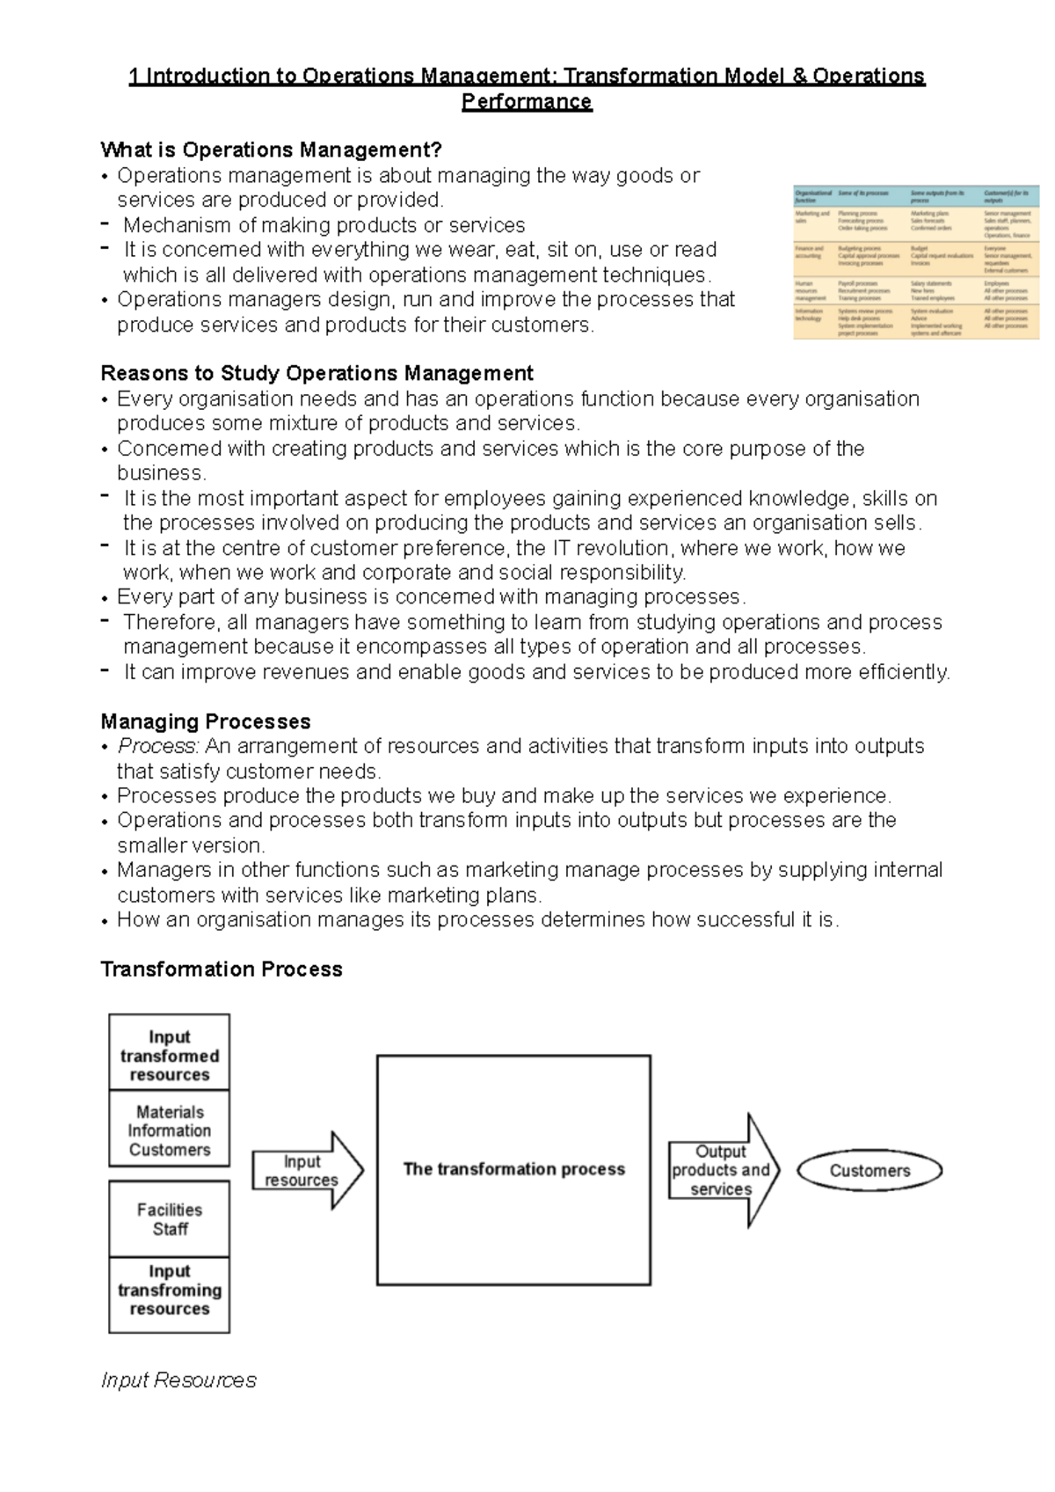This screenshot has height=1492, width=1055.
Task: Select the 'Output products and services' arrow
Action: [x=722, y=1170]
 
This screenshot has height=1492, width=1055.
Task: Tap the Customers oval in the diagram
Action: [x=869, y=1170]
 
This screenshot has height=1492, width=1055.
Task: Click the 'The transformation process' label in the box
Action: [x=513, y=1169]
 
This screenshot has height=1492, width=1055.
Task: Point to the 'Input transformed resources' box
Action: [x=170, y=1055]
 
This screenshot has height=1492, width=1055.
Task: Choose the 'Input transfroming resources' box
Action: [x=170, y=1290]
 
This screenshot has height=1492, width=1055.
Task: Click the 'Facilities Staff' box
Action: [x=170, y=1219]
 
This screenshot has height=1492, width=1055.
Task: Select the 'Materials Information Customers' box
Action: [x=170, y=1130]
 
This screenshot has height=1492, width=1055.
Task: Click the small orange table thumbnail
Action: [x=915, y=262]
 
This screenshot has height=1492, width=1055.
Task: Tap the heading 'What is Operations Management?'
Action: [x=271, y=150]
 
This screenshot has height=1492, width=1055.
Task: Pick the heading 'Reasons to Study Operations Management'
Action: [x=316, y=373]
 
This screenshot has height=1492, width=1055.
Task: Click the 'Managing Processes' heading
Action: [x=206, y=721]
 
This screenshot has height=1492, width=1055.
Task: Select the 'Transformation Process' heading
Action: [x=222, y=969]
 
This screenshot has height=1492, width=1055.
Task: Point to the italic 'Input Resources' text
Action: [x=178, y=1380]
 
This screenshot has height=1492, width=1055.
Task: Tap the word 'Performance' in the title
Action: [x=527, y=102]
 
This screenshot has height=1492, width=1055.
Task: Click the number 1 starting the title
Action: [x=135, y=77]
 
